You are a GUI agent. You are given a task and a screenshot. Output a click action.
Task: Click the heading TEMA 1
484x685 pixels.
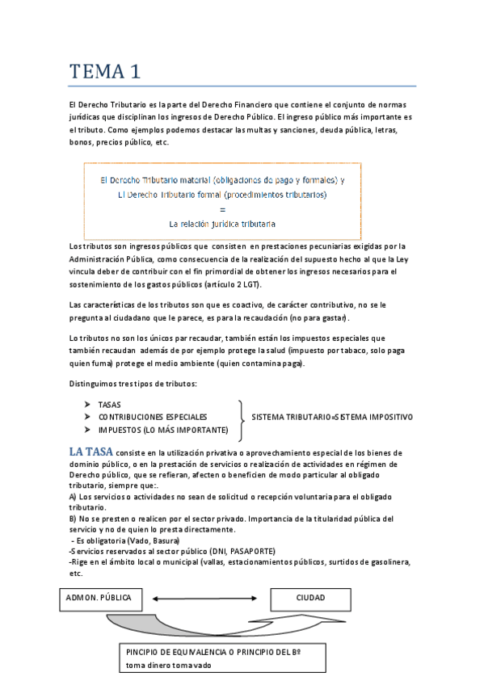click(x=104, y=71)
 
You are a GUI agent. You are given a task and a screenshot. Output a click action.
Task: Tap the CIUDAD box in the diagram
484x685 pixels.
click(x=310, y=599)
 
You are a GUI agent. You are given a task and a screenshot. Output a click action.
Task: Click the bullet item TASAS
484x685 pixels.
click(x=110, y=404)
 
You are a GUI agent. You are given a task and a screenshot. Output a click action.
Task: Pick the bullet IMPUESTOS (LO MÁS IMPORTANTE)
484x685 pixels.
click(x=162, y=429)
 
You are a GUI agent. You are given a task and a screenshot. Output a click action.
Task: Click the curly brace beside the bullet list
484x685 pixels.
click(x=241, y=417)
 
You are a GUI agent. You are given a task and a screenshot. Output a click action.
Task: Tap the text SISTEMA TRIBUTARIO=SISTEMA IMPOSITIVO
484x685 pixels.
click(x=332, y=417)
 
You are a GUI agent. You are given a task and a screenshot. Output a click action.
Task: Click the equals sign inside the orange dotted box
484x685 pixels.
click(x=222, y=208)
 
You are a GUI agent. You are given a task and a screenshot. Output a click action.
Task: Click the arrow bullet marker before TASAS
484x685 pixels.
click(x=87, y=404)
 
